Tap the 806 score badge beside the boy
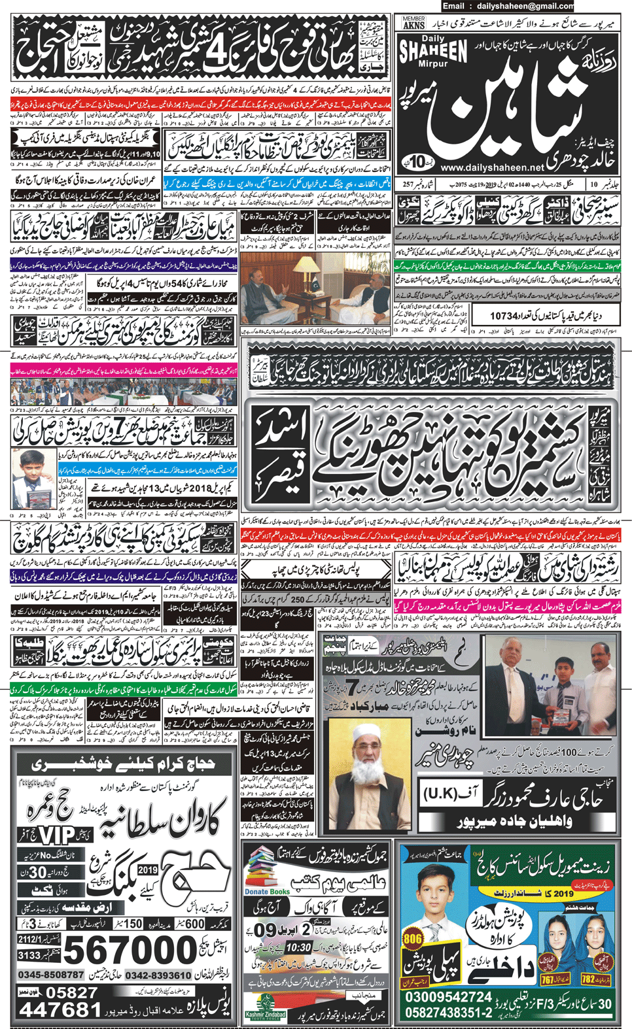coord(413,939)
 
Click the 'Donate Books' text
coord(267,892)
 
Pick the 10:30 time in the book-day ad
coord(298,947)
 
